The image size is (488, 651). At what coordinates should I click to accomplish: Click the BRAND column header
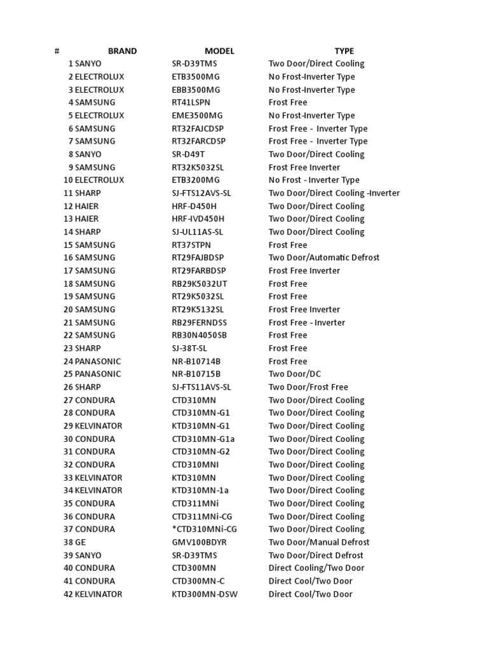(122, 51)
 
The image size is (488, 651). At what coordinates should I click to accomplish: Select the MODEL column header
(219, 51)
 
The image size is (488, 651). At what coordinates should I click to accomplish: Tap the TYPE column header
(344, 51)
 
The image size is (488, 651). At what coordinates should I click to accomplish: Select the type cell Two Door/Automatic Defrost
(323, 257)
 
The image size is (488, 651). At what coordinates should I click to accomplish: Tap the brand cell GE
(81, 542)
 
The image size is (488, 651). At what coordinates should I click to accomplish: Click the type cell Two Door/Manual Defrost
(318, 542)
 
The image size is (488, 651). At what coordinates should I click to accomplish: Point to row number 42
(68, 594)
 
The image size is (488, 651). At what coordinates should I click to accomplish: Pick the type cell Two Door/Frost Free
(308, 387)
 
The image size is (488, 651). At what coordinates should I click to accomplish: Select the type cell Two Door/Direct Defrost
(316, 555)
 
